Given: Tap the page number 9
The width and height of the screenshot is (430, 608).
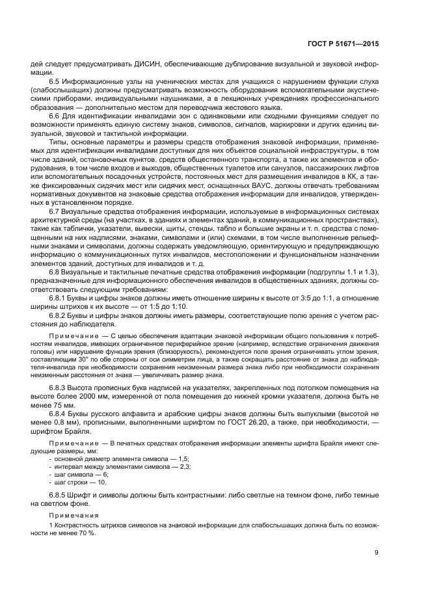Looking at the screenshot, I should (x=376, y=553).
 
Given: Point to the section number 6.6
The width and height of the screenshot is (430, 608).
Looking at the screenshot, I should (x=55, y=115).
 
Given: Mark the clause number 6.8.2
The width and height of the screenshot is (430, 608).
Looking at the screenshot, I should (x=59, y=316).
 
